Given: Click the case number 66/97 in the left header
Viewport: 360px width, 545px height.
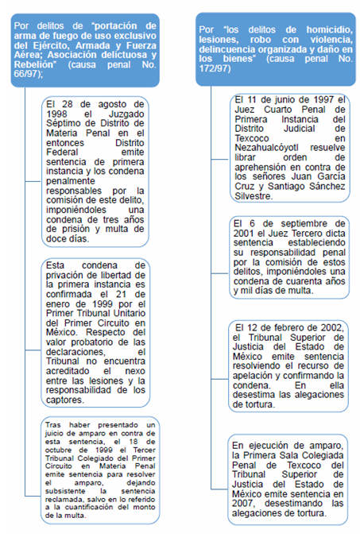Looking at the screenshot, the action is point(29,74).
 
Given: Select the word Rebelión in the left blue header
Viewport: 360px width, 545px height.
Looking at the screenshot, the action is point(33,64).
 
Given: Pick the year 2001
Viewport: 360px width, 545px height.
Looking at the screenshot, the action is point(246,234).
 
